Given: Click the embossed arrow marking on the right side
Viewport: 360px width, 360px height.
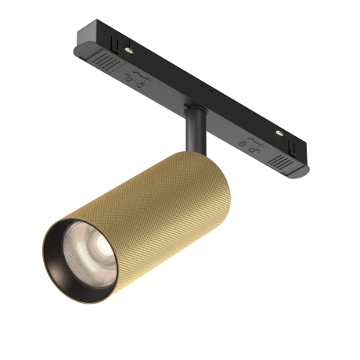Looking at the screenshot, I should (251, 139).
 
